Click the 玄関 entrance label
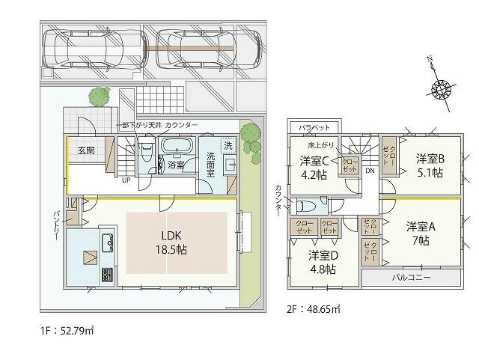click(85, 150)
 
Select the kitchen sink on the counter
click(106, 242)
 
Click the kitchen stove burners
click(106, 275)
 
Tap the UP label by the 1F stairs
click(127, 180)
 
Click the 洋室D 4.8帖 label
click(324, 262)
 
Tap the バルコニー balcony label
click(410, 277)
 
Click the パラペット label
click(305, 128)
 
